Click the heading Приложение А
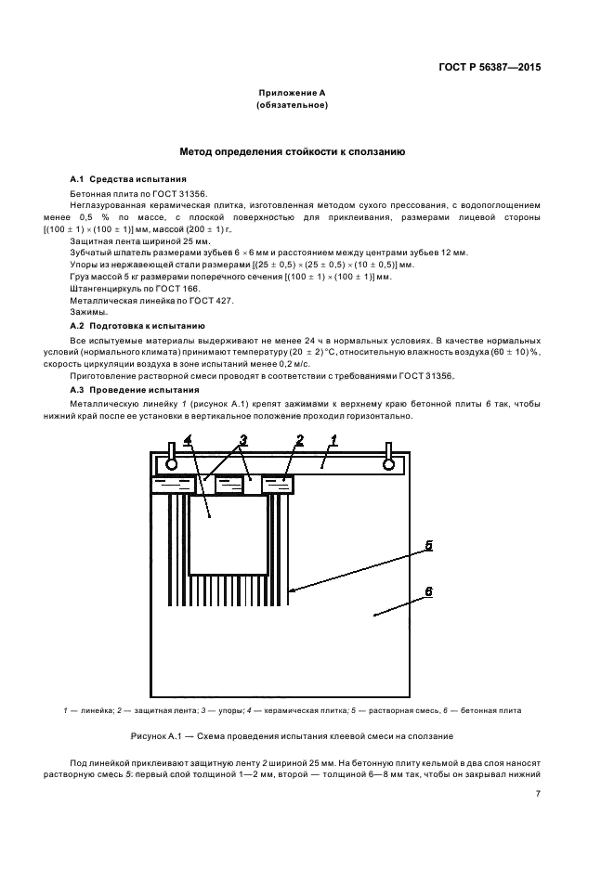(293, 94)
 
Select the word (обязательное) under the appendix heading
(293, 107)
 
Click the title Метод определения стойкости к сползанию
(292, 150)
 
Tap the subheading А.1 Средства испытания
(116, 178)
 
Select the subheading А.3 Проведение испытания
(124, 389)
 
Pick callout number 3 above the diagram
(243, 439)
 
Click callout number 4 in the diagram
(188, 439)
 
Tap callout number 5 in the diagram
(428, 545)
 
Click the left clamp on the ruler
(170, 458)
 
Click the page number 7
(538, 792)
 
